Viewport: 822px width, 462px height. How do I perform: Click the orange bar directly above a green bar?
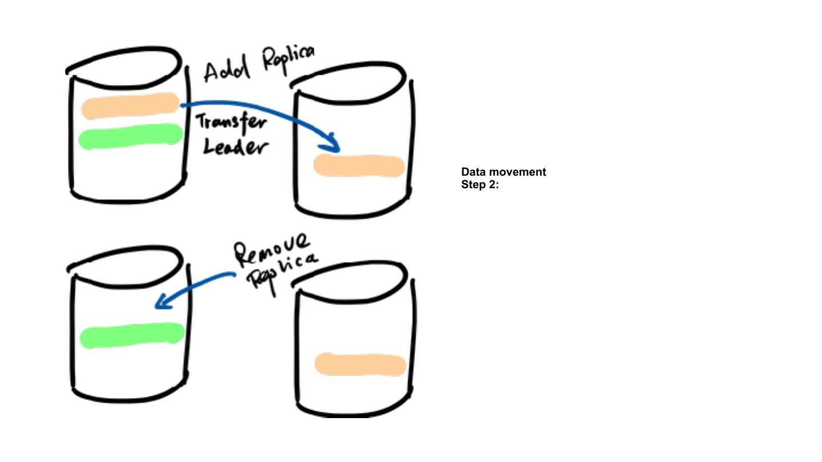130,106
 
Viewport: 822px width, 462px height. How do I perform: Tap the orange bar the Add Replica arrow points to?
359,166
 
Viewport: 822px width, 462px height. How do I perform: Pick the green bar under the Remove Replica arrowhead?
132,335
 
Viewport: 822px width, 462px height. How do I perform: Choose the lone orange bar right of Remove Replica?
360,364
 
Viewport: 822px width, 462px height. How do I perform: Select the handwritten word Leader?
235,148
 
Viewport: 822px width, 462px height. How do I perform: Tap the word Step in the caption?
473,184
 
